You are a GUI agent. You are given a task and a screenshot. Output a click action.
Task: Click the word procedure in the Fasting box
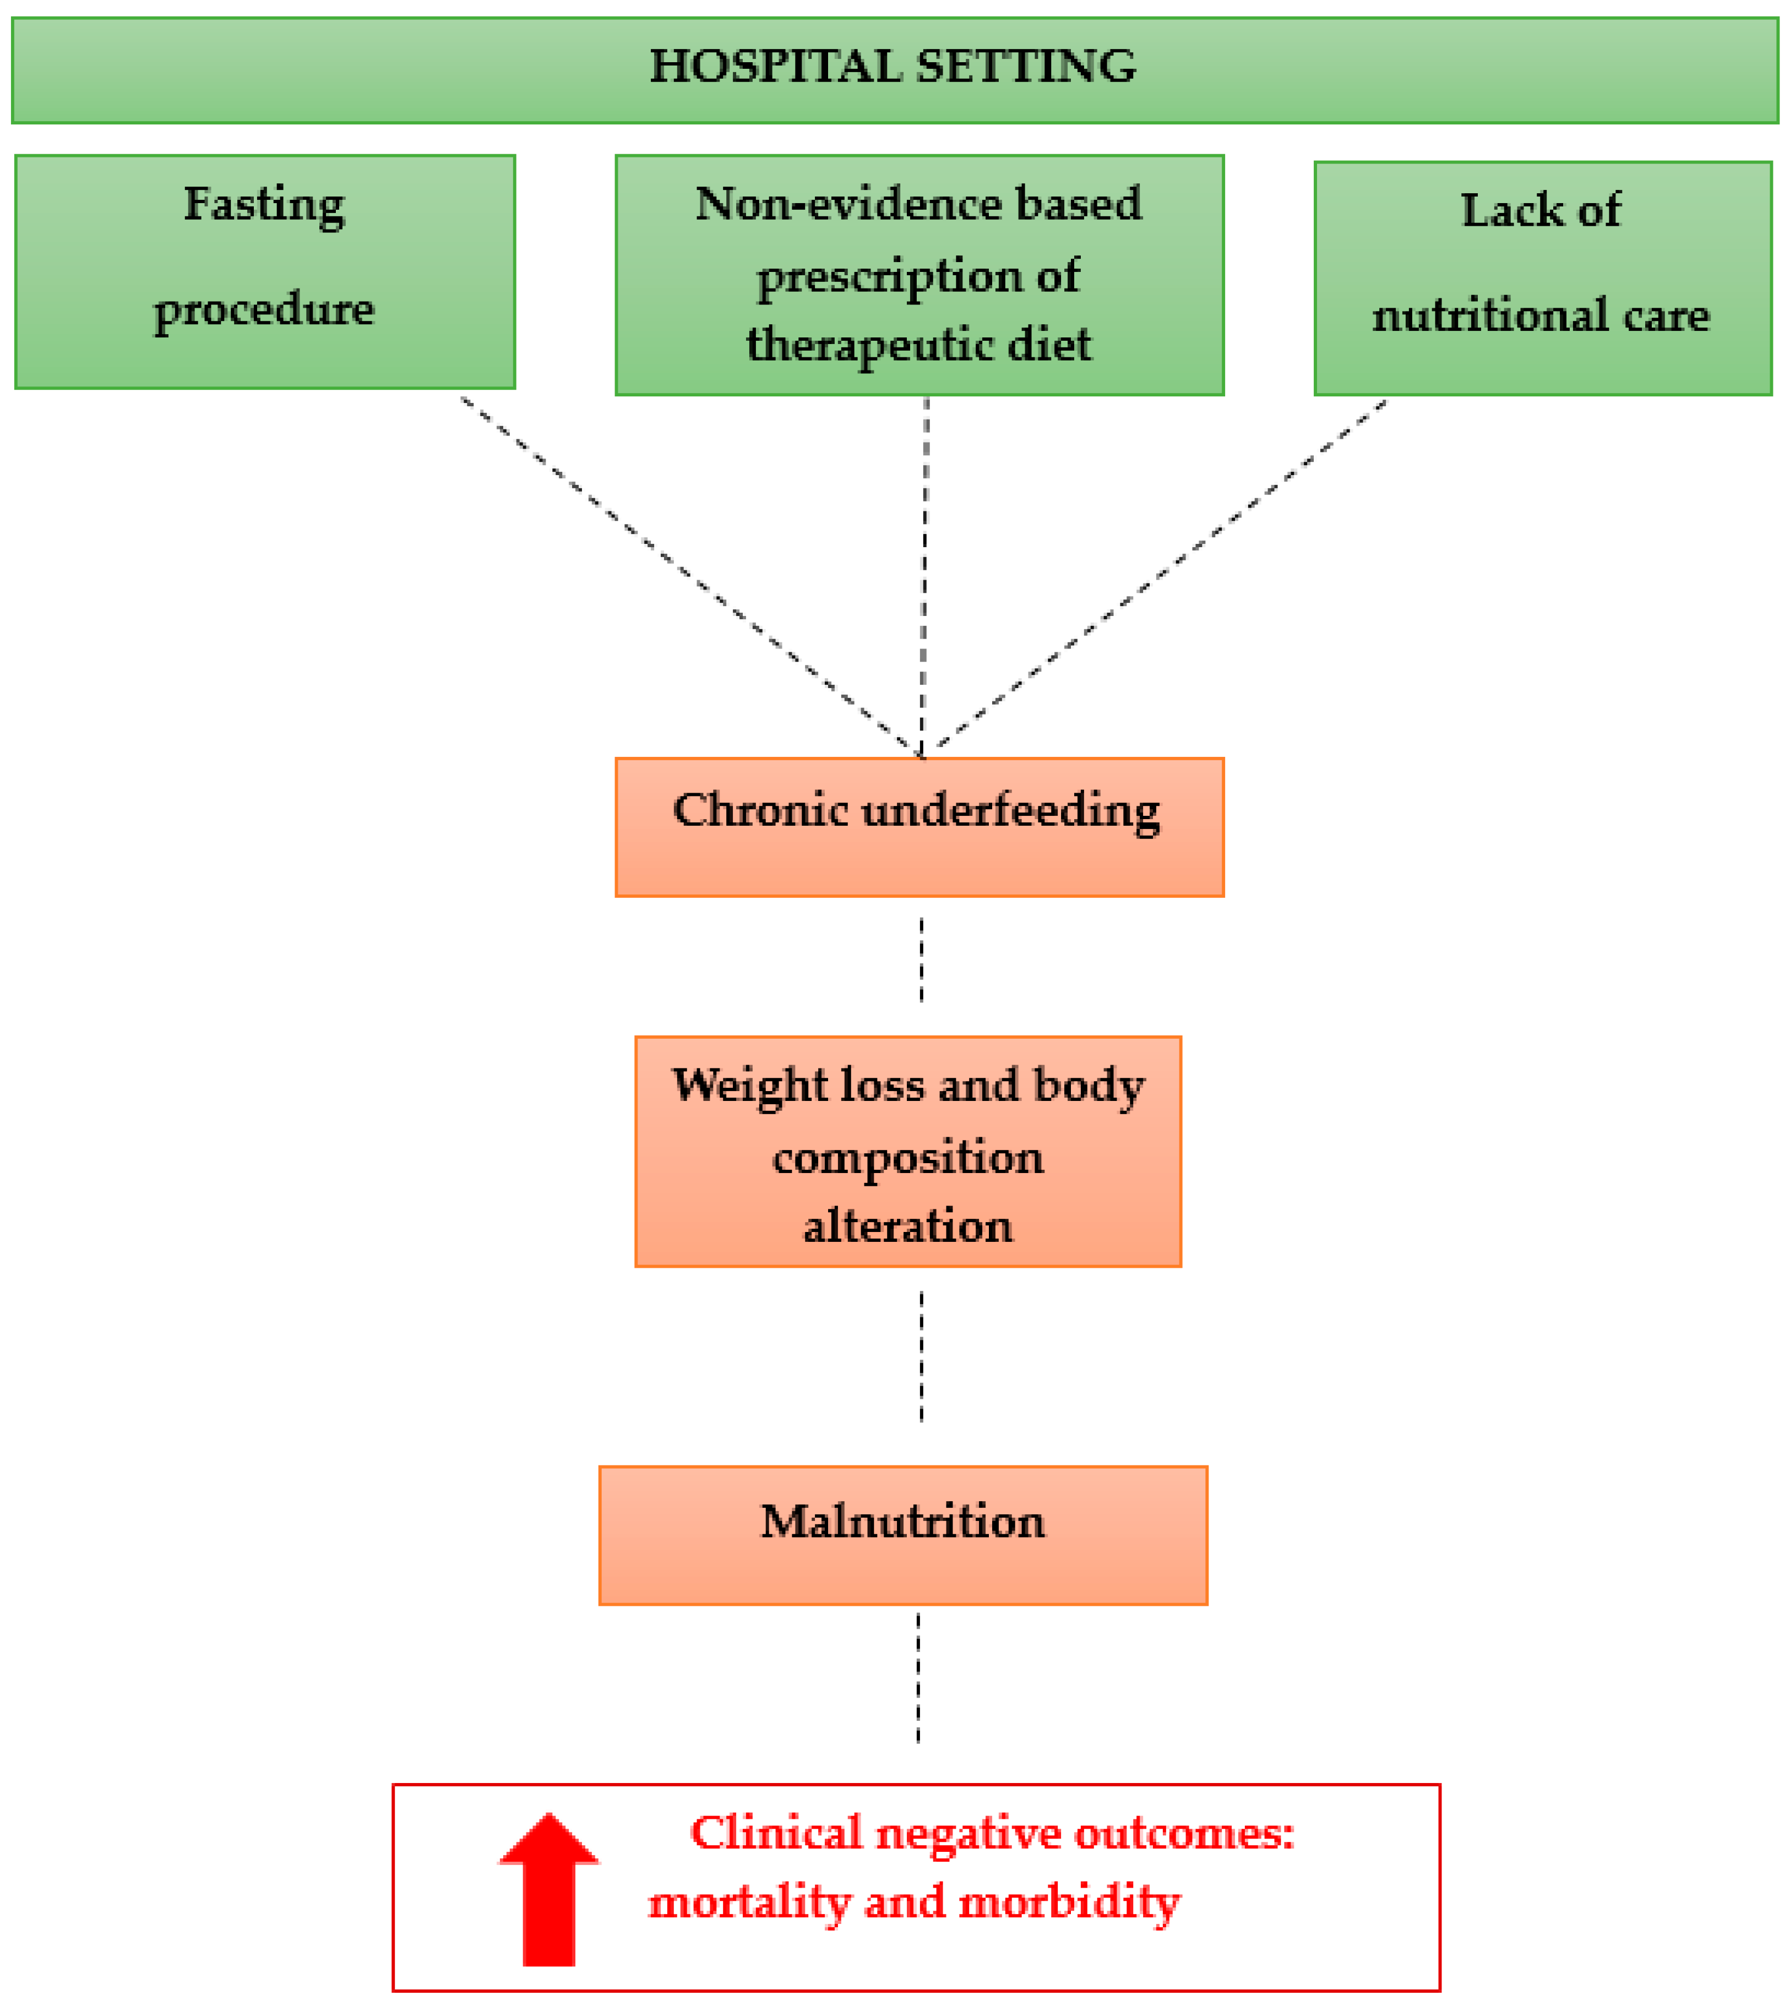pos(264,310)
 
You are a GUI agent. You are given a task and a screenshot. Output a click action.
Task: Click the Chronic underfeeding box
pos(918,827)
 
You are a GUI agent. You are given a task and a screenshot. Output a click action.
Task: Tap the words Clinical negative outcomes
pos(992,1834)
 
